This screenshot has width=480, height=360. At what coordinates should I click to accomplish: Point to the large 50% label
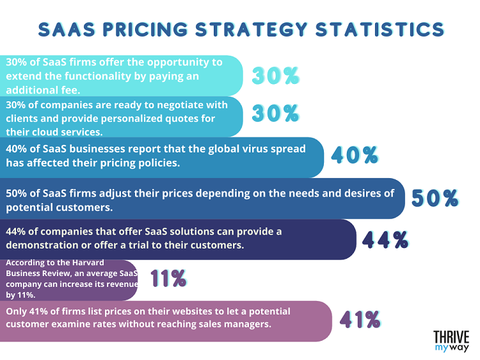(x=435, y=198)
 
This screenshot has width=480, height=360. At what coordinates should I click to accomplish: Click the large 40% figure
(x=354, y=155)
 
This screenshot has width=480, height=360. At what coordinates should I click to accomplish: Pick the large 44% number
(x=385, y=240)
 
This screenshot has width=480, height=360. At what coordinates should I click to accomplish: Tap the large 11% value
(x=168, y=278)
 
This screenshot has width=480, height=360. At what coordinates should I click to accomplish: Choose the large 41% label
(x=360, y=319)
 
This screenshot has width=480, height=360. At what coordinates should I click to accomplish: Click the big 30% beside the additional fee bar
(x=275, y=76)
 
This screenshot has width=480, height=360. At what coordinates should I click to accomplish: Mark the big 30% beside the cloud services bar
(x=275, y=114)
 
